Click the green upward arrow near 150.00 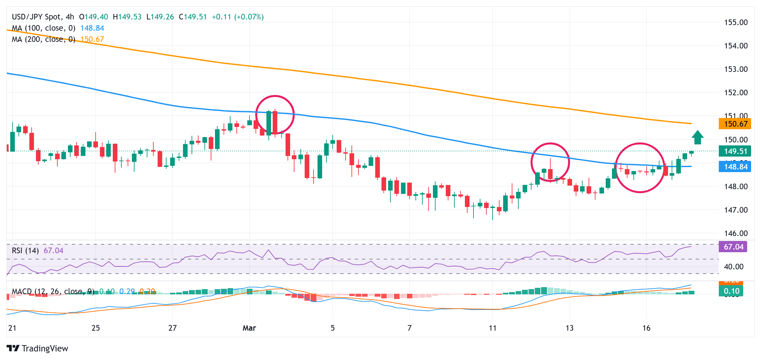(697, 137)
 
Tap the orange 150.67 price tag (735, 124)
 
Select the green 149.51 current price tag (735, 151)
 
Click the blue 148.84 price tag (735, 167)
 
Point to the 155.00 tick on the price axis (736, 22)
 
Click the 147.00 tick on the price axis (736, 210)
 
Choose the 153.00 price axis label (736, 69)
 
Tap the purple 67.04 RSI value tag (733, 247)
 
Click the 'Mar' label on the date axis (249, 328)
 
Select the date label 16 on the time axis (646, 328)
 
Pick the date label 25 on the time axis (96, 328)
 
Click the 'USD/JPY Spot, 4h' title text (43, 17)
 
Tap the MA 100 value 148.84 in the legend (92, 28)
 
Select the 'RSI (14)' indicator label (25, 251)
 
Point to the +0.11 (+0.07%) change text (238, 17)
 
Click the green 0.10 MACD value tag (731, 291)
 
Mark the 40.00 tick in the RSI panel (733, 267)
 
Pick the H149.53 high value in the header (127, 17)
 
